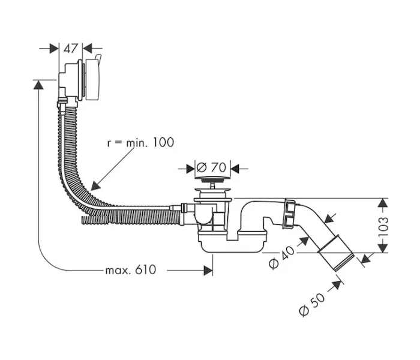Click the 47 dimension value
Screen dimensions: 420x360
coord(70,49)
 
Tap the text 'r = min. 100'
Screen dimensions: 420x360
coord(140,142)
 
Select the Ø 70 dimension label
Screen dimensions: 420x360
coord(211,167)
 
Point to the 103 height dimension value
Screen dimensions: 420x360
coord(383,226)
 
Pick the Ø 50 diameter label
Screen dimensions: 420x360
coord(311,305)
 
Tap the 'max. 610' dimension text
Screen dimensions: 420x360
coord(130,270)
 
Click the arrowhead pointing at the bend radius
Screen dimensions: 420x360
coord(95,185)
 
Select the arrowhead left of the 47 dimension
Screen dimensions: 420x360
coord(54,49)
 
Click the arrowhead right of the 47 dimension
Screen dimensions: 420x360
coord(87,49)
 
